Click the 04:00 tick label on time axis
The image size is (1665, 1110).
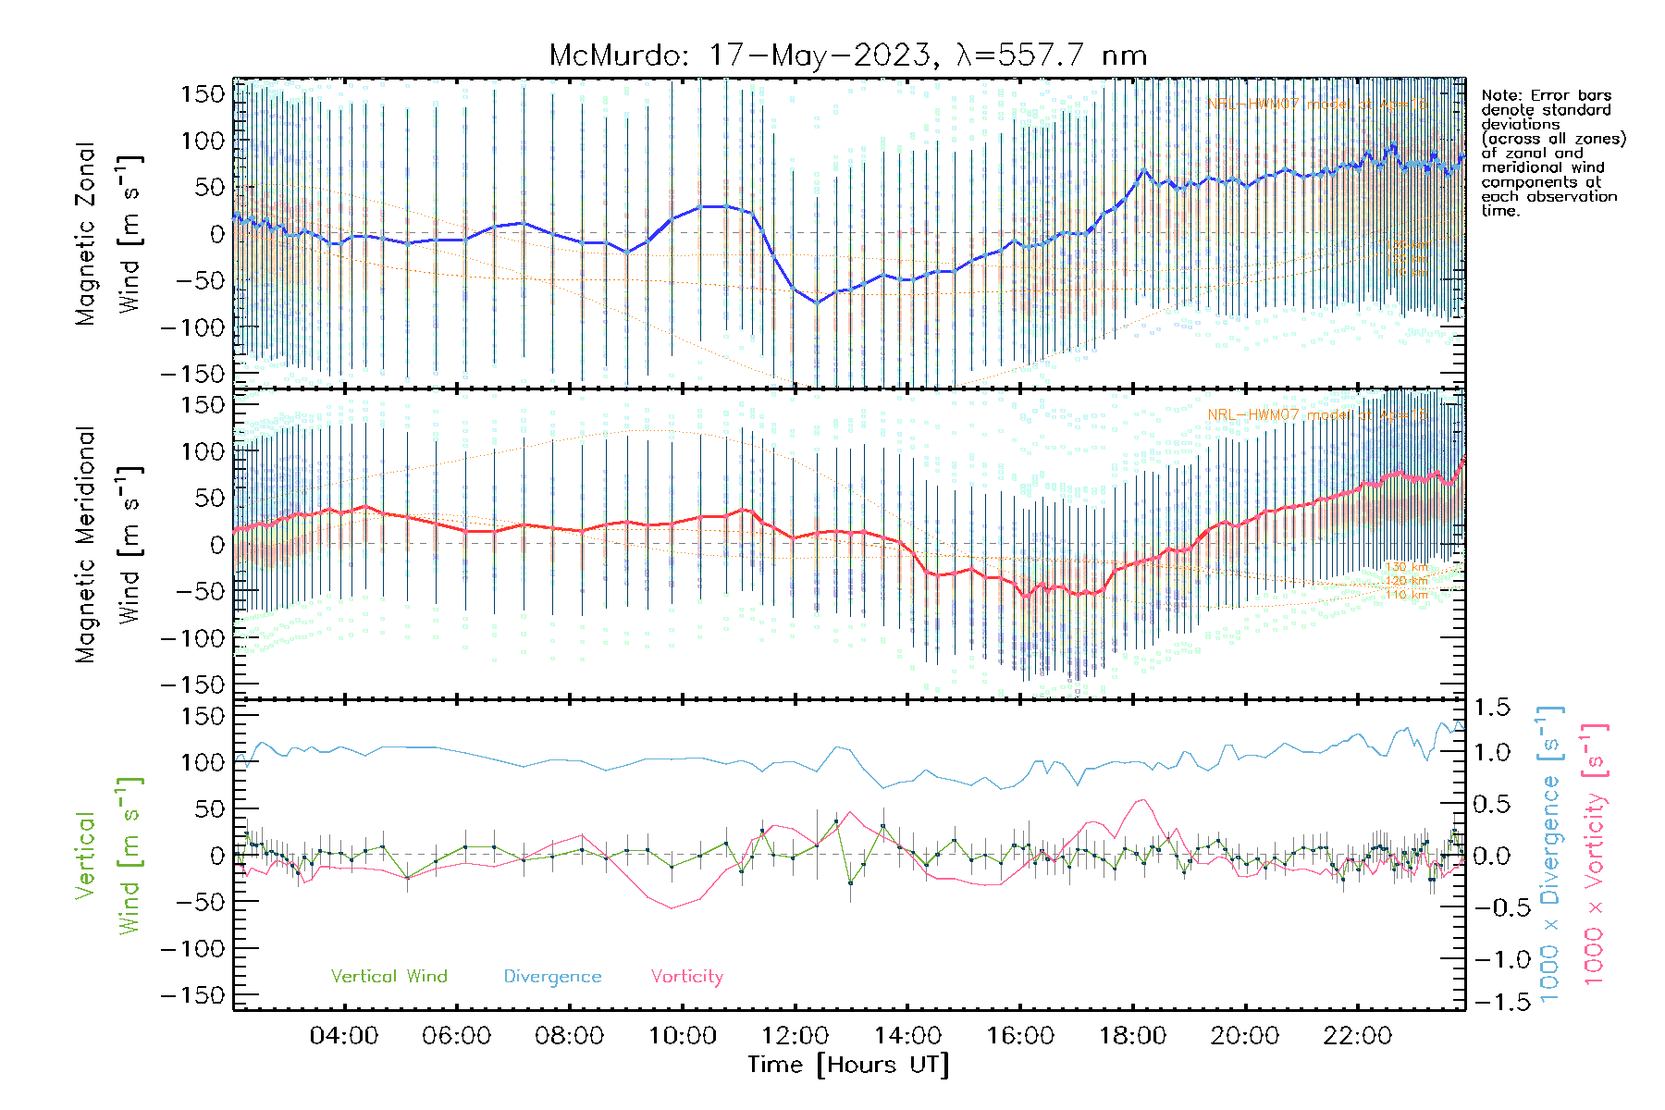coord(344,1035)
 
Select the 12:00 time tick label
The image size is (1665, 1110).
coord(795,1035)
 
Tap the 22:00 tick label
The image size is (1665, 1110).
coord(1357,1035)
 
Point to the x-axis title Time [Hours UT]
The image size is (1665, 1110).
coord(848,1065)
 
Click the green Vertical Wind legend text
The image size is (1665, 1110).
coord(388,976)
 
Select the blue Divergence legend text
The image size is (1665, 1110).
coord(552,977)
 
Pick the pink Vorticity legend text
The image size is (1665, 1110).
coord(686,976)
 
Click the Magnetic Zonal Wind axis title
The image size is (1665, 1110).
coord(107,233)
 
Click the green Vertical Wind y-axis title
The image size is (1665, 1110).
coord(107,855)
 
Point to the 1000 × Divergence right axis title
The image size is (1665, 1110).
coord(1550,855)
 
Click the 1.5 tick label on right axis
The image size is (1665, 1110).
coord(1491,708)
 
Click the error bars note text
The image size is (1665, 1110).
coord(1552,153)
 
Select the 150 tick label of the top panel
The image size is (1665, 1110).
coord(203,93)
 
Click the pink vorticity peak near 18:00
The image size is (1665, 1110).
coord(1143,800)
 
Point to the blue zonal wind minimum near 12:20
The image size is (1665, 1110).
coord(817,302)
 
